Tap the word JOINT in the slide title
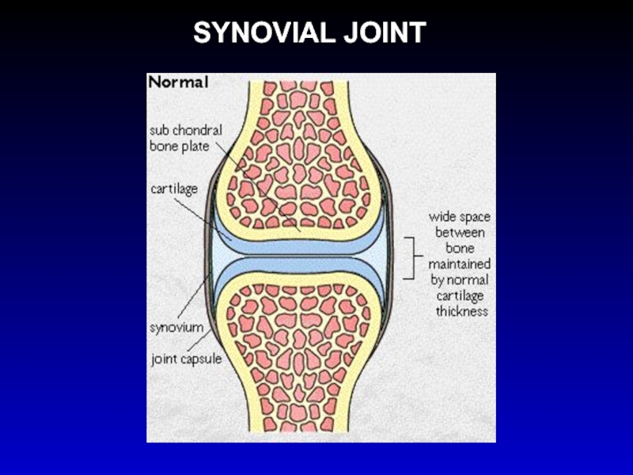(385, 33)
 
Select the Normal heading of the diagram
(179, 81)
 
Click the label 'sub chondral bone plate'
(186, 139)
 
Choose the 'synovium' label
(176, 326)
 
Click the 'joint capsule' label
(186, 358)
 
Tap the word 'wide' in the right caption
(444, 216)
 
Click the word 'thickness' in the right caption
(462, 311)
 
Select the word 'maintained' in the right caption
(459, 264)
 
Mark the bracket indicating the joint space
(410, 257)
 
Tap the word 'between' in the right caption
(460, 232)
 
